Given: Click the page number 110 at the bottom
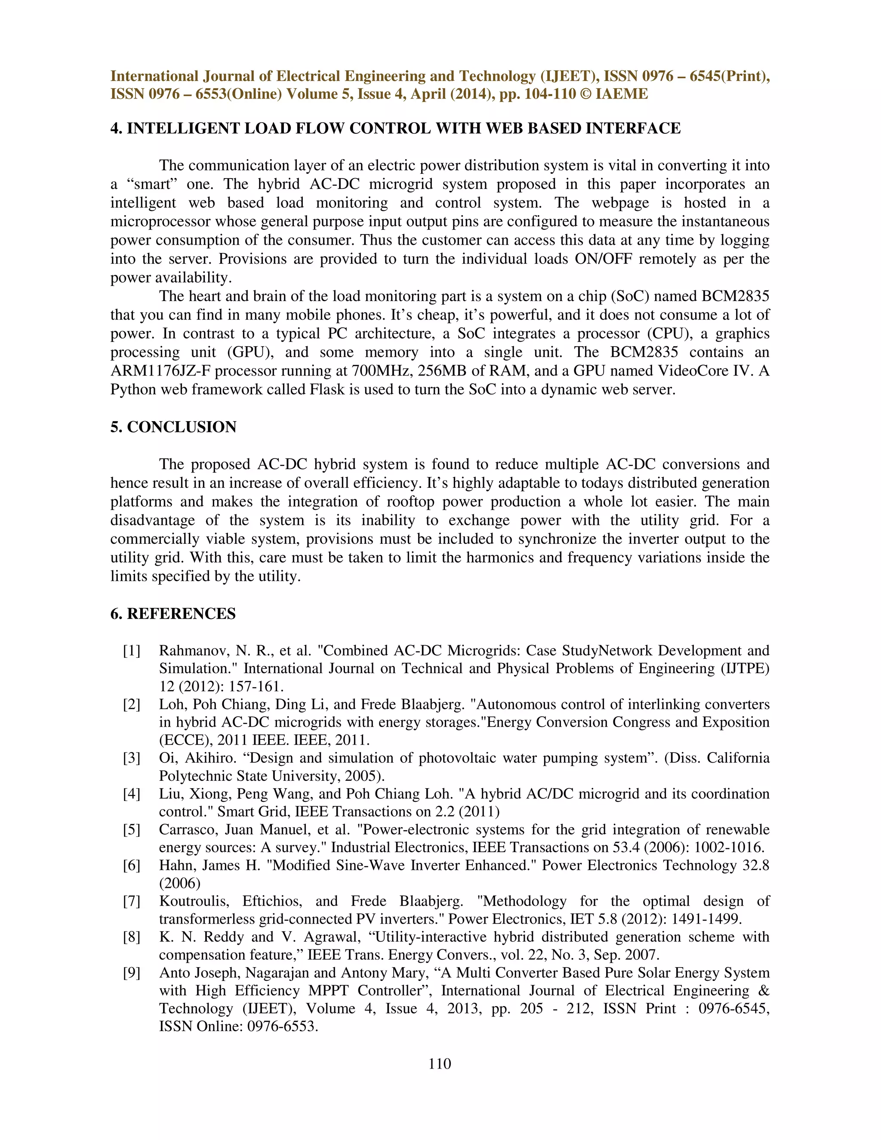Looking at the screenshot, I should coord(440,1063).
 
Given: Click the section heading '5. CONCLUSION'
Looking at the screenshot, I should coord(173,427).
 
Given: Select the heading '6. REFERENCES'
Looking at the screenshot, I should coord(173,613).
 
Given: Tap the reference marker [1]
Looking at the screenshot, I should coord(132,651).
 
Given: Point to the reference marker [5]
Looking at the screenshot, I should coord(132,830).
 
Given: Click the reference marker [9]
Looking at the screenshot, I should coord(132,973).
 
